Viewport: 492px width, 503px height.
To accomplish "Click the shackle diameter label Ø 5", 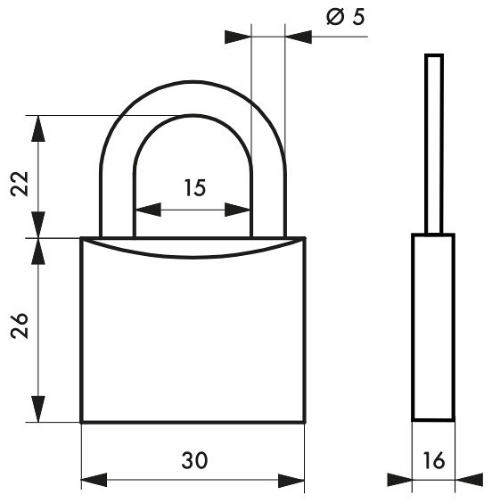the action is (x=346, y=17).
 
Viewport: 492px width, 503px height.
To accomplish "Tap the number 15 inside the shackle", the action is (x=195, y=187).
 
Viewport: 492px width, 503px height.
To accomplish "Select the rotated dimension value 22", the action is (x=20, y=184).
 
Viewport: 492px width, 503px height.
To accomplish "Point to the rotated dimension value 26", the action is (x=20, y=326).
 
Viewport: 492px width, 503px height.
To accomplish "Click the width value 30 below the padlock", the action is (x=194, y=460).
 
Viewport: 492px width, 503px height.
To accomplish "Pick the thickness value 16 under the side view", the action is (x=434, y=460).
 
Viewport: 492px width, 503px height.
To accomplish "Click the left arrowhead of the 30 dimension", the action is (x=94, y=480).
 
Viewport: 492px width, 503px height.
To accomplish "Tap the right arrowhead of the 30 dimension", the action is (x=291, y=480).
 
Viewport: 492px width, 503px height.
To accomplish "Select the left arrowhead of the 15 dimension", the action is (x=148, y=210).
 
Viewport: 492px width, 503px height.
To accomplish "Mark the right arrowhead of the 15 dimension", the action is (x=237, y=210).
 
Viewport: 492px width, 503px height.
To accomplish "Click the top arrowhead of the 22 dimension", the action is (x=38, y=128).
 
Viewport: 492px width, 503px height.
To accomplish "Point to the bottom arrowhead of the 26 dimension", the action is (x=38, y=409).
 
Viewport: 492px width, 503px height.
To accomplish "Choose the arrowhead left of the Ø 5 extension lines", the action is (x=238, y=37).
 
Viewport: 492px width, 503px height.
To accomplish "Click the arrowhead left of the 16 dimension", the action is (x=399, y=480).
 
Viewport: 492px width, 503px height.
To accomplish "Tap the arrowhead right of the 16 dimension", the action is (x=469, y=480).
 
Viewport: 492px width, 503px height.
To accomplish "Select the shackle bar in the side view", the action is (x=434, y=144).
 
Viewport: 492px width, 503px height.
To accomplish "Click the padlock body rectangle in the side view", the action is (x=433, y=327).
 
